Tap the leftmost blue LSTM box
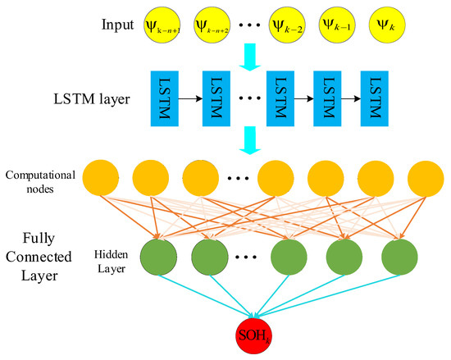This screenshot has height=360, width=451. tap(166, 98)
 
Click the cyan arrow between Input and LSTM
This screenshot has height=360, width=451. tap(251, 55)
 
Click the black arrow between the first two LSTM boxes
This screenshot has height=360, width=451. tap(192, 98)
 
